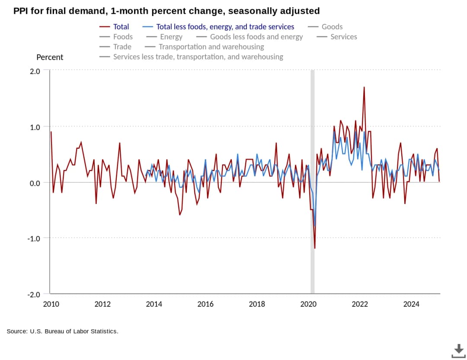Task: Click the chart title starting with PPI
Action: point(166,11)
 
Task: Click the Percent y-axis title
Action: point(50,57)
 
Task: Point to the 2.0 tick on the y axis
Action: point(35,71)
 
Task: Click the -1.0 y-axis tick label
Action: point(34,238)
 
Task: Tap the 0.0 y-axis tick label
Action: point(35,183)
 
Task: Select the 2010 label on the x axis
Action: point(51,304)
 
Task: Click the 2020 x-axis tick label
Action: point(308,304)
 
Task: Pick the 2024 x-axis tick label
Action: point(411,304)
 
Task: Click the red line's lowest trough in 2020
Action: point(314,248)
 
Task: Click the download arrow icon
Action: point(458,350)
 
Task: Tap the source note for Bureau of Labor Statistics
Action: point(62,331)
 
